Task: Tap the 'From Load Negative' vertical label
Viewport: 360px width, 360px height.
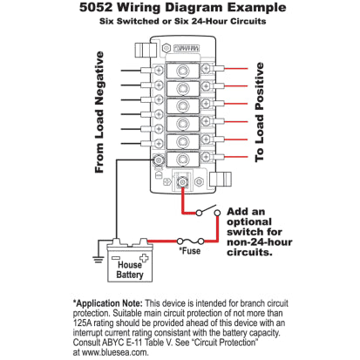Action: [99, 112]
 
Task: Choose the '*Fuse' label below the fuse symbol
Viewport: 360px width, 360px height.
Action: [191, 250]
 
